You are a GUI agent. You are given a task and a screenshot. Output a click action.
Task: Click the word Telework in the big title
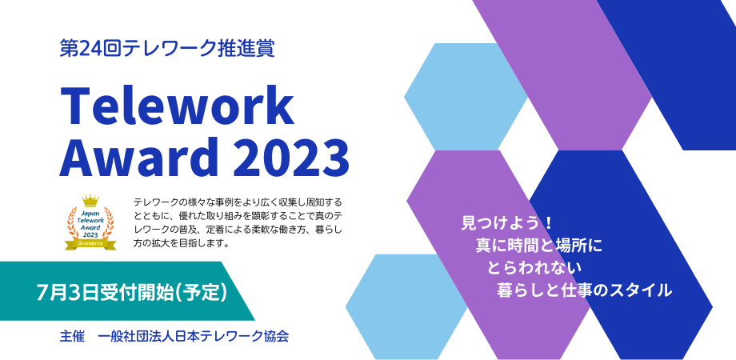coord(177,107)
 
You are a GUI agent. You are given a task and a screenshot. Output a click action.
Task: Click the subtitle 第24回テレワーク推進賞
coord(167,48)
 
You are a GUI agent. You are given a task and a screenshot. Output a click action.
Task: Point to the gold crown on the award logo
coord(90,202)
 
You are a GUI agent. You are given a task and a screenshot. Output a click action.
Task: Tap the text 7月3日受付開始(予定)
coord(132,292)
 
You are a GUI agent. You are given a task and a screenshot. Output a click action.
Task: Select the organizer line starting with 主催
coord(174,337)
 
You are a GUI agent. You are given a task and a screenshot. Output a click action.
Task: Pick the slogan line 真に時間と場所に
coord(538,246)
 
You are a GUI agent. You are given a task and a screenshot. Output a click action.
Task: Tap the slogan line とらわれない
coord(535,268)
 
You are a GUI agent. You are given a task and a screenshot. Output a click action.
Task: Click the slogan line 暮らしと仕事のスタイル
coord(584,290)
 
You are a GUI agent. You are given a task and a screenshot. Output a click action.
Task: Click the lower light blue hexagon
coord(406,306)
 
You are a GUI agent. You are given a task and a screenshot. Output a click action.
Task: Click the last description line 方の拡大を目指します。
coord(182,244)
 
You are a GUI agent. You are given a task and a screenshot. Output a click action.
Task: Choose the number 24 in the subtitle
coord(85,49)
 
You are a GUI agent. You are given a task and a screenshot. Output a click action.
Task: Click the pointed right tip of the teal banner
coord(255,320)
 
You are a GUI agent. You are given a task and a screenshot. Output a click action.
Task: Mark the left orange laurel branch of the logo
coord(72,223)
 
